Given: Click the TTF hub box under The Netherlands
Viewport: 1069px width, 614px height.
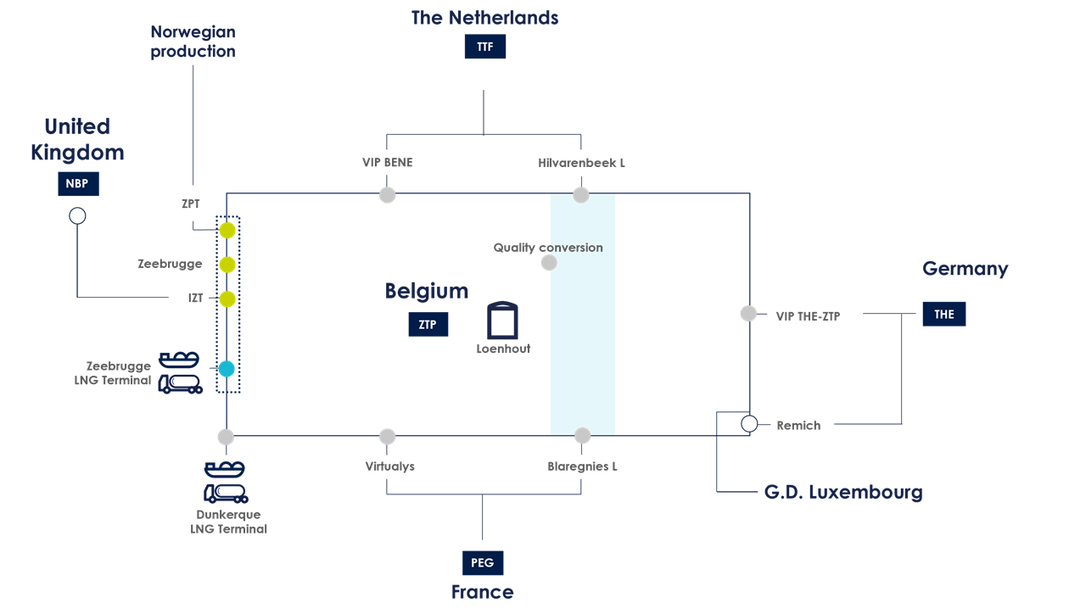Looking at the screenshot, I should tap(484, 47).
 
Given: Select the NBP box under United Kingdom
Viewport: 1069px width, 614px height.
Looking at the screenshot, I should tap(77, 183).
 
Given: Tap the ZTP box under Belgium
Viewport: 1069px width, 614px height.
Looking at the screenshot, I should tap(428, 324).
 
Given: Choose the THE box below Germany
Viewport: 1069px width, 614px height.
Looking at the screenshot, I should tap(944, 314).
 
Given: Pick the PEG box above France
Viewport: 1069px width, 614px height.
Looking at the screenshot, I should tap(482, 562).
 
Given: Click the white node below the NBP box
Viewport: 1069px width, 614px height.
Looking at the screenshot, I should tap(77, 216).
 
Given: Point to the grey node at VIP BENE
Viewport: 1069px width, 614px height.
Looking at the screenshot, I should tap(387, 195).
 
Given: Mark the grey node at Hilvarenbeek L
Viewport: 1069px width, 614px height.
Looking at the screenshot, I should tap(581, 196).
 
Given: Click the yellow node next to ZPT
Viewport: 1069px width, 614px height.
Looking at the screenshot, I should tap(227, 231).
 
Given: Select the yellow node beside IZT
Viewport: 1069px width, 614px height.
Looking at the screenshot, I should tap(227, 299).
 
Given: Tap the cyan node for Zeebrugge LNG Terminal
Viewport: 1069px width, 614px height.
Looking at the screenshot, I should tap(226, 369).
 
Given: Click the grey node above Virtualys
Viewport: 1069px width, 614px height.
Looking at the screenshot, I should tap(387, 437).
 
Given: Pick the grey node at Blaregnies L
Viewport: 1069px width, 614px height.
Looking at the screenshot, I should tap(582, 436).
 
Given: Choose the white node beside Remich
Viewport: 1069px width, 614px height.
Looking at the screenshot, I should tap(749, 424).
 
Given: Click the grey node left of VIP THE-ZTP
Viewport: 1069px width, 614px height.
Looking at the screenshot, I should tap(748, 314).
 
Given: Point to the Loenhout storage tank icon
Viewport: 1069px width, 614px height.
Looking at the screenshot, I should tap(502, 321).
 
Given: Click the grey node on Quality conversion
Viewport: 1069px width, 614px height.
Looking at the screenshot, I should tap(549, 263).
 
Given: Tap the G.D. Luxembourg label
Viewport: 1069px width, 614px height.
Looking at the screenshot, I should tap(842, 492).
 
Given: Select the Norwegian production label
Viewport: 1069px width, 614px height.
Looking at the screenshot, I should tap(193, 42).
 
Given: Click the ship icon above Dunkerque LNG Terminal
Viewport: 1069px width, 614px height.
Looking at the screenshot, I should tap(225, 468).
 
